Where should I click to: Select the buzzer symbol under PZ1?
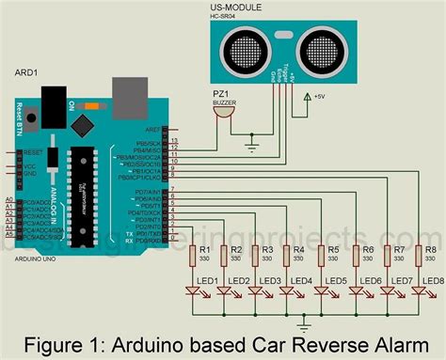point(222,113)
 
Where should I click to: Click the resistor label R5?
point(334,249)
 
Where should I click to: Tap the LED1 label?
point(208,281)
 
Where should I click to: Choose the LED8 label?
point(433,281)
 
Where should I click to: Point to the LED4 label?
point(305,281)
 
